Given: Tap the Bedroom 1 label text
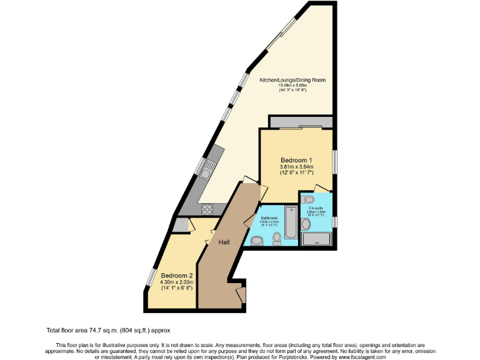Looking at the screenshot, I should tap(296, 160).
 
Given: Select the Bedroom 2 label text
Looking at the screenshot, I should tap(176, 276).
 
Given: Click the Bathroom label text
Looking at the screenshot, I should tap(269, 218).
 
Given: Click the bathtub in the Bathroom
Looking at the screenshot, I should tap(291, 222).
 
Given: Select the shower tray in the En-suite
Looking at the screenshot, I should tap(316, 238).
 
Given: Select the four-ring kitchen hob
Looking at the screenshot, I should tap(207, 209).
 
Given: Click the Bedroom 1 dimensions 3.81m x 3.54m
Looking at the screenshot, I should tap(296, 166).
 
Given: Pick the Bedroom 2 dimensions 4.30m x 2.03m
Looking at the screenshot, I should tap(176, 282).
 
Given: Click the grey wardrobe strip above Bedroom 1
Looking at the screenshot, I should tap(301, 121).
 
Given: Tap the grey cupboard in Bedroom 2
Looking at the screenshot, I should tap(182, 224).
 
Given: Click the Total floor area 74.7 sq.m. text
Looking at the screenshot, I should tap(108, 329).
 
